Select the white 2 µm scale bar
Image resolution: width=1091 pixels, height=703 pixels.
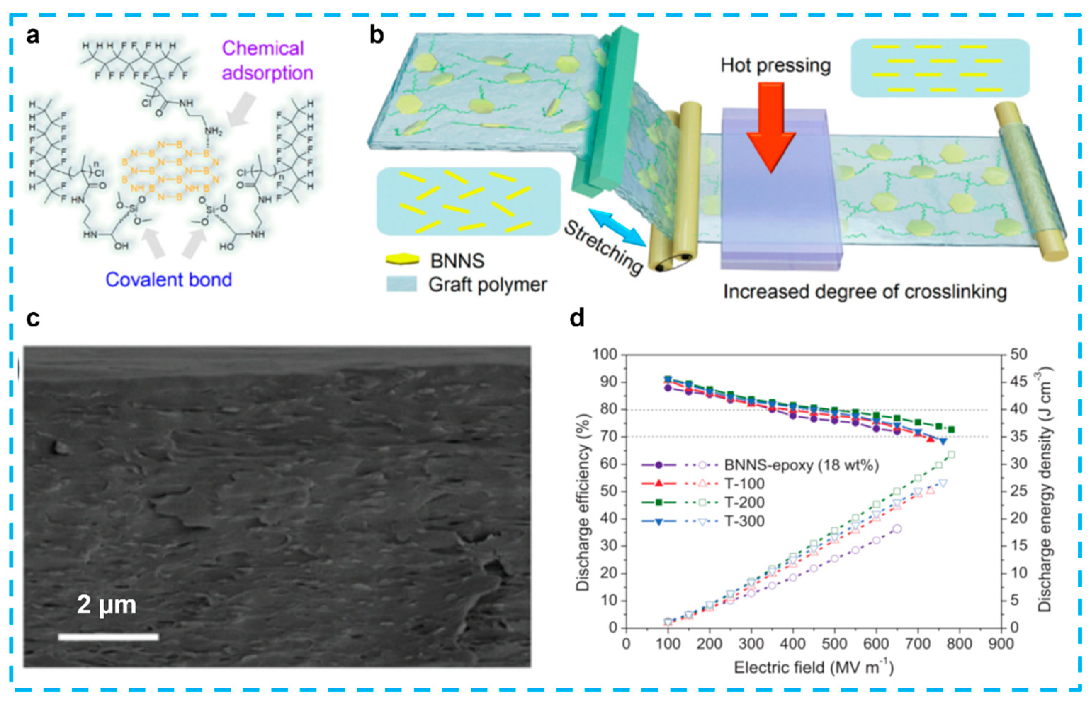coord(108,636)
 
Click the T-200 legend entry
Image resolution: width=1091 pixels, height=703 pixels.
coord(744,502)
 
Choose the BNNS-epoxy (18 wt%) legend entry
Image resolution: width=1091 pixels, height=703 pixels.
coord(802,465)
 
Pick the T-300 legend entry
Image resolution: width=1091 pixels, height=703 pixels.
coord(744,521)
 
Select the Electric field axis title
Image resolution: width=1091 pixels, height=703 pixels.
coord(813,667)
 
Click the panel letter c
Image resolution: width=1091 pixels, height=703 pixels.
coord(33,319)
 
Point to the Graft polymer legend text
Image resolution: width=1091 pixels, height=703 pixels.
coord(487,285)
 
